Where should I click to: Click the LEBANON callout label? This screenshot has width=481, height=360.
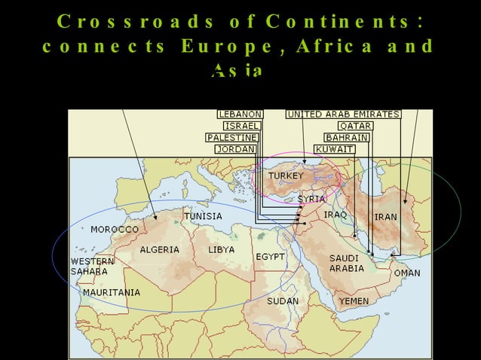tap(240, 114)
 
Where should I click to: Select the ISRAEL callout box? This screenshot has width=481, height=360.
tap(243, 126)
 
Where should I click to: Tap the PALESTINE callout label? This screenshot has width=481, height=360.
tap(232, 138)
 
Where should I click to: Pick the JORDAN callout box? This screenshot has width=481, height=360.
tap(235, 149)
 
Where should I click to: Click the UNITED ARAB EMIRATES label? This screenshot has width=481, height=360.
tap(343, 114)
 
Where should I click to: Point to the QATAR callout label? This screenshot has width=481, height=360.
tap(355, 126)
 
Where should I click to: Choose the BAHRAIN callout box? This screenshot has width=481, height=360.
tap(347, 138)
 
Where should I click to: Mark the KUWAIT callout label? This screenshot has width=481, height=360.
tap(335, 149)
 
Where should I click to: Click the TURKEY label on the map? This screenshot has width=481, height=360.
tap(286, 176)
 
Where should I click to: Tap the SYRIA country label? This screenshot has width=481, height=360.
tap(311, 199)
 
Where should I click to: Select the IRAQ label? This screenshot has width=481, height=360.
tap(335, 215)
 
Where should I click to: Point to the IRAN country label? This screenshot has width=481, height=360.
tap(385, 217)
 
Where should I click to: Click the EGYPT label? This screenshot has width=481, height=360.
tap(270, 257)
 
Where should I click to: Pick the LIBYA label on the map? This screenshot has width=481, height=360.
tap(222, 249)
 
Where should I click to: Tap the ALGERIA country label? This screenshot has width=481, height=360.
tap(160, 249)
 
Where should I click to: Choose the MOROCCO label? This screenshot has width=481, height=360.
tap(115, 228)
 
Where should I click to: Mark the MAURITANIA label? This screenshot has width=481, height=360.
tap(112, 292)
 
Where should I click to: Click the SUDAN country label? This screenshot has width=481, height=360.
tap(283, 301)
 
